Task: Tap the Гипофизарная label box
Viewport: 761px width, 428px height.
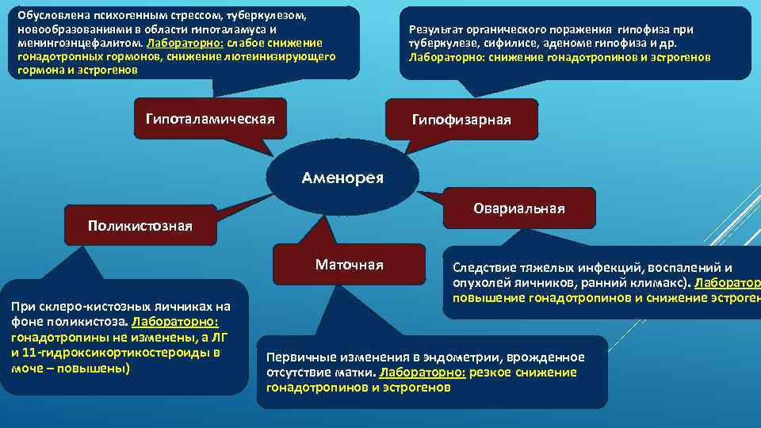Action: tap(461, 120)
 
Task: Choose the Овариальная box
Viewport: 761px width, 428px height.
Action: tap(518, 208)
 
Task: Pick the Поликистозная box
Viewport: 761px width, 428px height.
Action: tap(140, 226)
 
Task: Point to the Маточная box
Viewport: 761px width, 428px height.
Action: tap(349, 265)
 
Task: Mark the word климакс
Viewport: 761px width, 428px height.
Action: tap(666, 283)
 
